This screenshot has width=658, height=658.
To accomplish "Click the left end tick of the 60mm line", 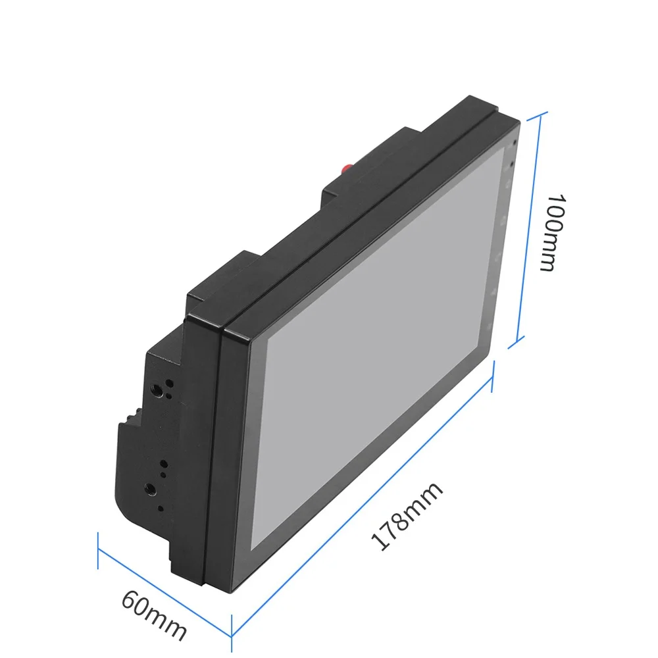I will pos(98,551).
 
